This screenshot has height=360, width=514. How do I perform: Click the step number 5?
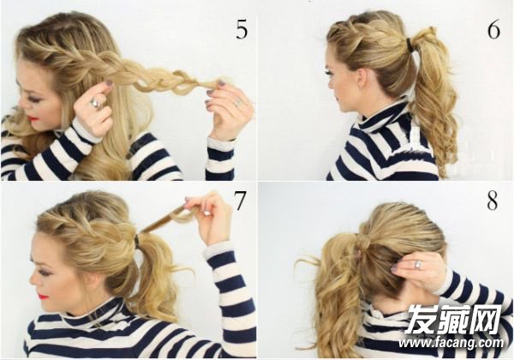[242, 30]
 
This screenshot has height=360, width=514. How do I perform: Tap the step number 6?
[493, 30]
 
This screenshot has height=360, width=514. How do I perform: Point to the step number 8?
[492, 204]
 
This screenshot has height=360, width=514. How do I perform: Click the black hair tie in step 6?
[410, 42]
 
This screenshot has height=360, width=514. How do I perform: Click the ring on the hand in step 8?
[418, 265]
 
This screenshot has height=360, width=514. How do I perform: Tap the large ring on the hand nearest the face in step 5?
[97, 104]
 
